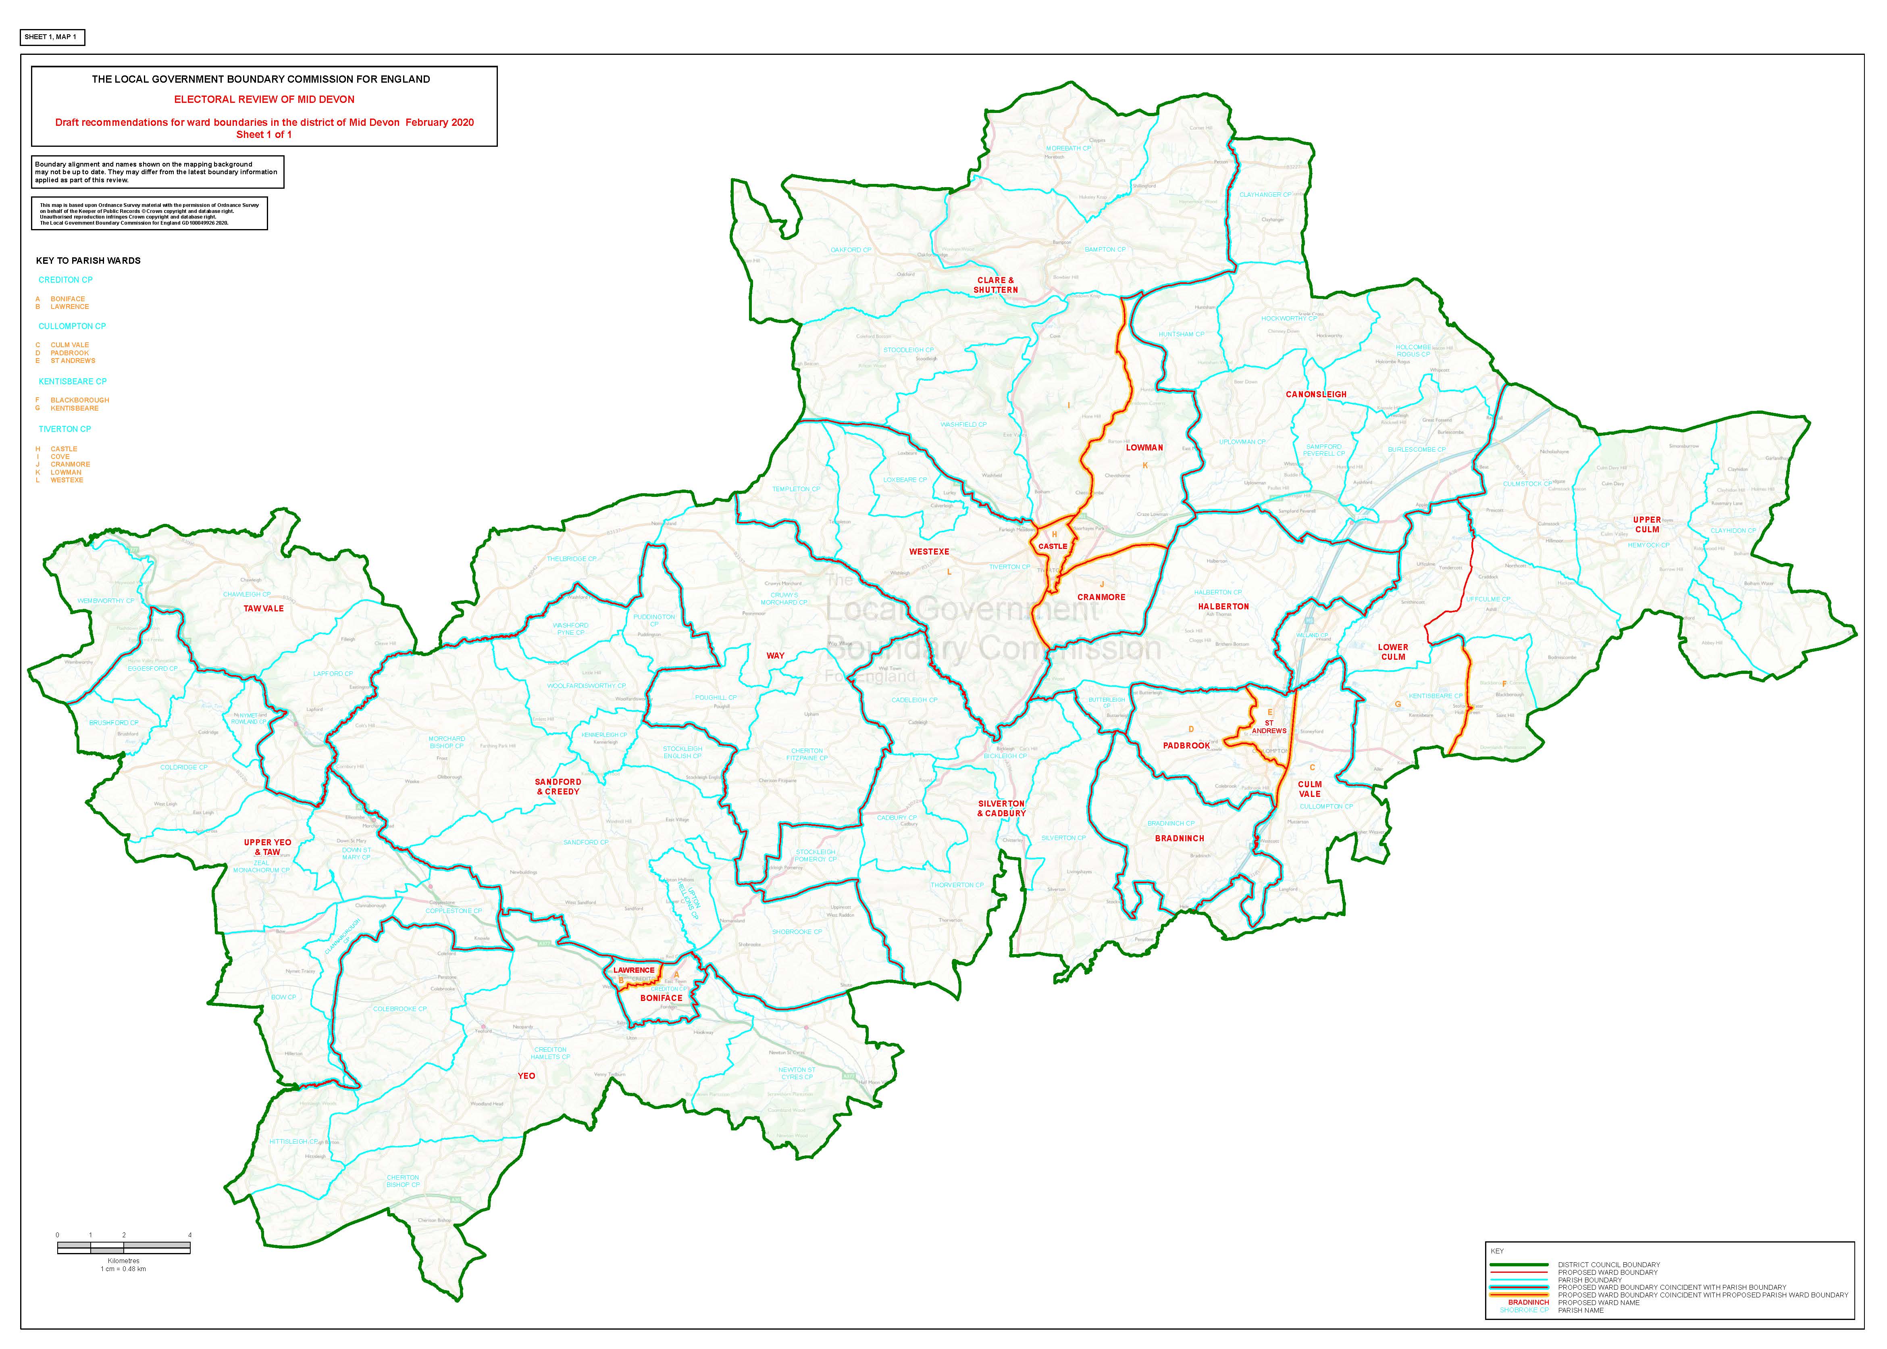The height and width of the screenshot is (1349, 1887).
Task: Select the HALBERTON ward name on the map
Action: coord(1223,607)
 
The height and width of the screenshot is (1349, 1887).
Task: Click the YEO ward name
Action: coord(526,1076)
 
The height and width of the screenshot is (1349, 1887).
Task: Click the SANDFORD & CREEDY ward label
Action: coord(558,787)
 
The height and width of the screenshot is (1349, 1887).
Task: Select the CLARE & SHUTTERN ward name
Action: coord(995,285)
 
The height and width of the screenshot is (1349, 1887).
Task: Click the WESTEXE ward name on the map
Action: coord(929,552)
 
